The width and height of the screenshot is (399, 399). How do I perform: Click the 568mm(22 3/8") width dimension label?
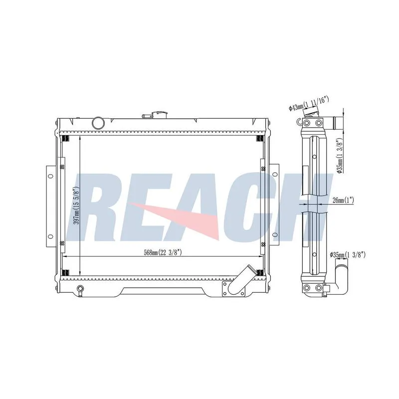click(x=163, y=253)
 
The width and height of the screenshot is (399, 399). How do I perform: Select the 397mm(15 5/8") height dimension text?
click(x=76, y=206)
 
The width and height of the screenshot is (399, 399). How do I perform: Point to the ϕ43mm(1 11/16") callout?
click(x=309, y=104)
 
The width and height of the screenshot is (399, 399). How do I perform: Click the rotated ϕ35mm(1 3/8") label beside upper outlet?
click(x=340, y=156)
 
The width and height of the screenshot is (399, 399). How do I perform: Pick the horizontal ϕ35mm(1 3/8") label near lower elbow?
click(x=348, y=255)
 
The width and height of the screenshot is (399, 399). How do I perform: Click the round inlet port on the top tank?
click(x=98, y=123)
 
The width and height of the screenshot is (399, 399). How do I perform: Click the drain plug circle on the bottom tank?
click(x=80, y=288)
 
